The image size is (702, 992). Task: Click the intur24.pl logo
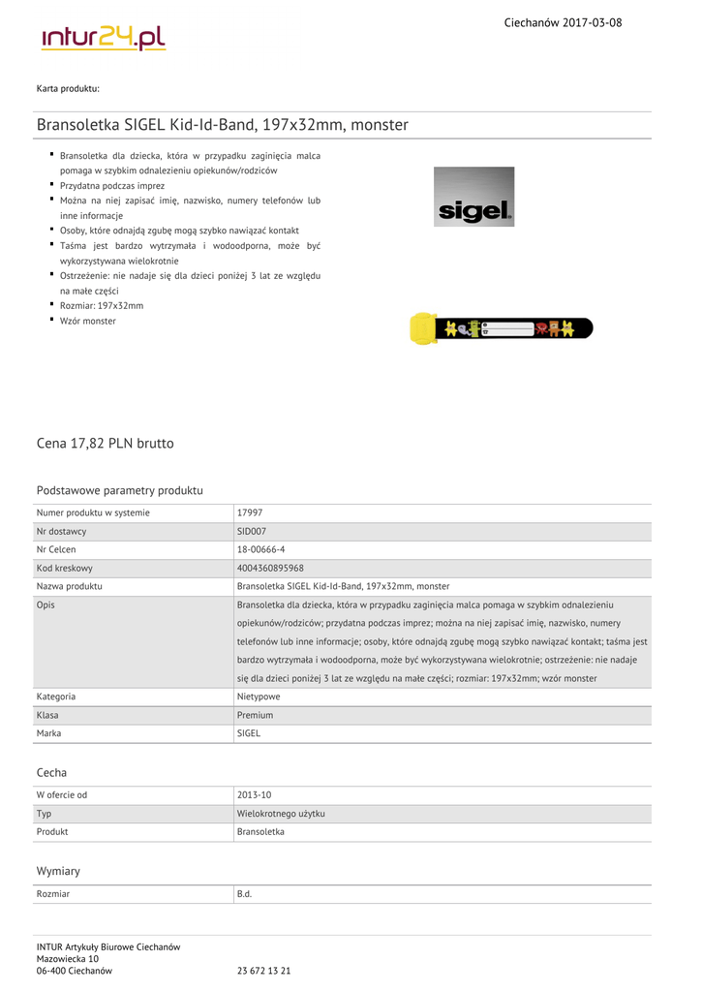click(104, 38)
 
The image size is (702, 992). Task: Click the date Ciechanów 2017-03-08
click(563, 22)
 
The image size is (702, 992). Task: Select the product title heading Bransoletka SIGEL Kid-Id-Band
click(223, 125)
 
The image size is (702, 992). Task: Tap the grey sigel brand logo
click(473, 197)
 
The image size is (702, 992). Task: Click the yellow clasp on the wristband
click(423, 328)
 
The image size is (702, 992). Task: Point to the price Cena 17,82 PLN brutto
click(106, 444)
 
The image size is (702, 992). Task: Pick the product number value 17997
click(250, 512)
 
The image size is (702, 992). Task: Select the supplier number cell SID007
click(251, 531)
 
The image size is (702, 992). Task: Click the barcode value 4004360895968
click(270, 568)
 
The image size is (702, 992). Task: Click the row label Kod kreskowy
click(65, 568)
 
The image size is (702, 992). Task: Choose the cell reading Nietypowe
click(259, 697)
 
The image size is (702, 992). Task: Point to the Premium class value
click(255, 715)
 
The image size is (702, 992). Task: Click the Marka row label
click(49, 733)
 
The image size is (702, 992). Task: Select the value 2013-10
click(254, 795)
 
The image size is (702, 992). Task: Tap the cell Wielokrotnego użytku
click(281, 814)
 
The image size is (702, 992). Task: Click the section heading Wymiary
click(58, 871)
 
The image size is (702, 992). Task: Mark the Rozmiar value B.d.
click(244, 893)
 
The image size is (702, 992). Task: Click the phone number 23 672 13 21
click(264, 971)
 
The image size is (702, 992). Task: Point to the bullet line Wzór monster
click(87, 321)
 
